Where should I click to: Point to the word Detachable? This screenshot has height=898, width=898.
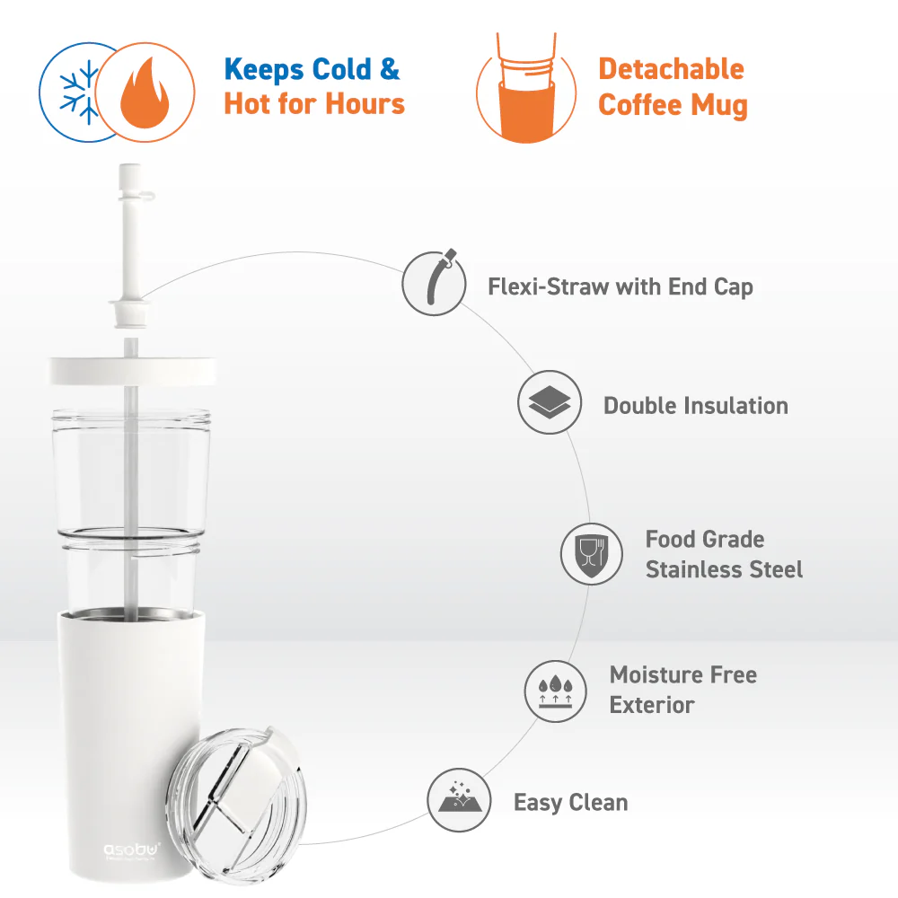671,69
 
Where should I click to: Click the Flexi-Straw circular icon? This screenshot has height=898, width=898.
434,283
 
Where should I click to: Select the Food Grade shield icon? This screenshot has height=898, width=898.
592,554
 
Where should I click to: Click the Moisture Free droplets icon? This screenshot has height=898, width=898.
556,691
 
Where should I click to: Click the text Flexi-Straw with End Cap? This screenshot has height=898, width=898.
621,287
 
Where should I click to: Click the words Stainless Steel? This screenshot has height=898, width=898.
724,569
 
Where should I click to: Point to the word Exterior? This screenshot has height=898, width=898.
652,705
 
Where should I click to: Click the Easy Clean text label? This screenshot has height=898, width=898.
570,803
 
